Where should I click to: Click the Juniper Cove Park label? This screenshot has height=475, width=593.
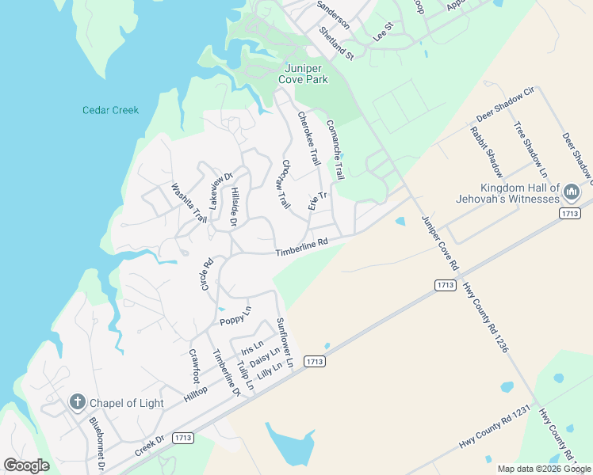(x=304, y=74)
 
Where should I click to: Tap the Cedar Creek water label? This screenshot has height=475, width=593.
(x=110, y=110)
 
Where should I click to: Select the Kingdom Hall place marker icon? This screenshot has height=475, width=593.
(x=571, y=191)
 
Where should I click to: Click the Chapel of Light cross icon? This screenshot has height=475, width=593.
(x=77, y=402)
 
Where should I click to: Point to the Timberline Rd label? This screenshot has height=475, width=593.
(x=301, y=248)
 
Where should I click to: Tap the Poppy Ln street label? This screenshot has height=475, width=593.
(x=235, y=315)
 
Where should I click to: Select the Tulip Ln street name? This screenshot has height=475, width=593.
(x=245, y=374)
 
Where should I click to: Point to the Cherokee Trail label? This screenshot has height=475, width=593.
(x=308, y=137)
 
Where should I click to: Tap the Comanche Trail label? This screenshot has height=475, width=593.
(x=335, y=148)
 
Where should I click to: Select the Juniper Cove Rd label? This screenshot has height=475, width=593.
(x=440, y=245)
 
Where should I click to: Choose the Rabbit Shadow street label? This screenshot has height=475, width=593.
(x=486, y=152)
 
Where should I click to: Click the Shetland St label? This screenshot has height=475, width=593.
(x=336, y=43)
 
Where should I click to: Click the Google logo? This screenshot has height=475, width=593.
(x=26, y=465)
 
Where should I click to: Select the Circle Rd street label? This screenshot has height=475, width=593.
(x=207, y=273)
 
